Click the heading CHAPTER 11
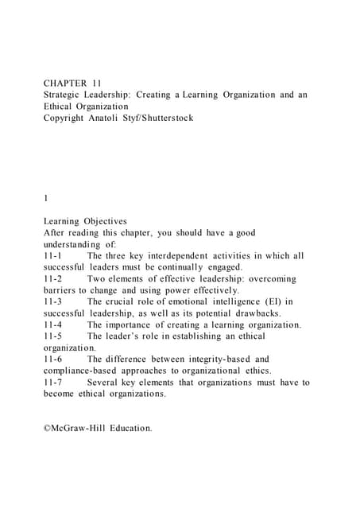[72, 82]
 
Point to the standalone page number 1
[46, 198]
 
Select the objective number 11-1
[55, 255]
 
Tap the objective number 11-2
[55, 278]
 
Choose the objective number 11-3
[55, 301]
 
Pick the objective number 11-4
[55, 324]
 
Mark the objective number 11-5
[55, 336]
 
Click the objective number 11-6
[55, 359]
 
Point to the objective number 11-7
[55, 382]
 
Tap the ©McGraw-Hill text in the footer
[75, 428]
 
